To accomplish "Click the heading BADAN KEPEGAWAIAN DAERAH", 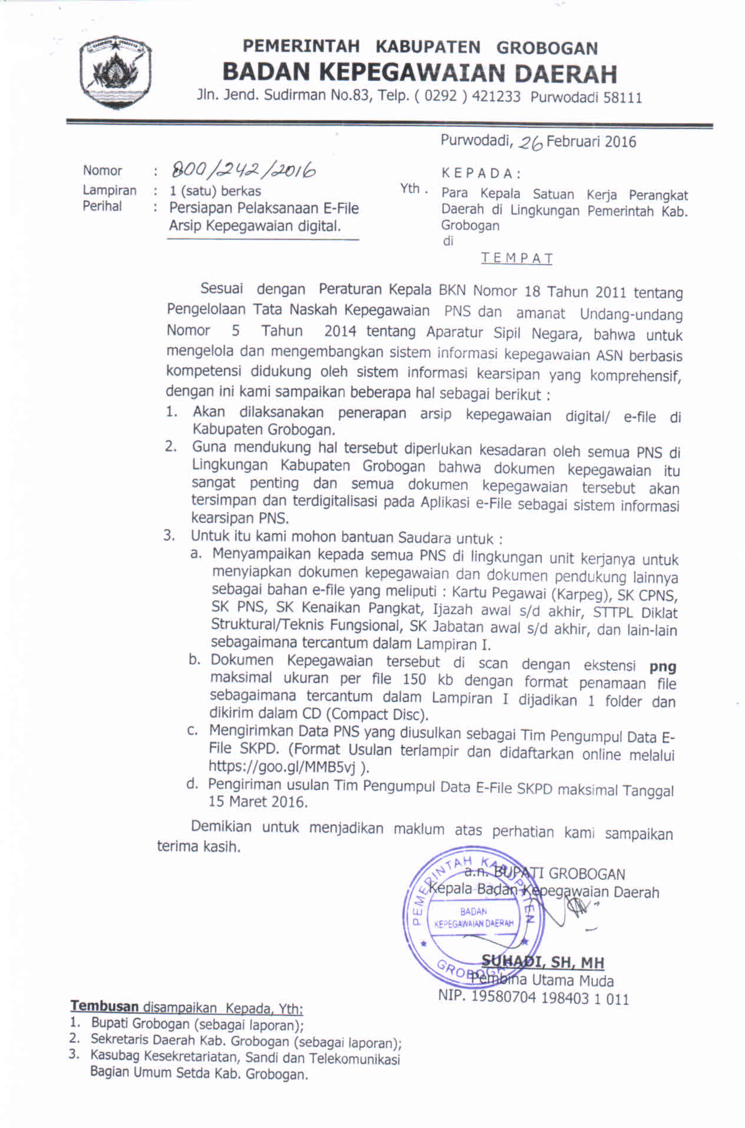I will click(x=419, y=73).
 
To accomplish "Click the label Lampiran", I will click(x=109, y=190).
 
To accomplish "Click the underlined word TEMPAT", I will click(x=516, y=258).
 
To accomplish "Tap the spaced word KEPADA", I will click(x=480, y=173).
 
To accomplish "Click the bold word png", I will click(x=662, y=667).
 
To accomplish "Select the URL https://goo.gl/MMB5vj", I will click(x=285, y=766).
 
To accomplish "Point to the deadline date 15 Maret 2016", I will click(x=257, y=802).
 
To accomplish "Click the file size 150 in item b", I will click(x=414, y=680).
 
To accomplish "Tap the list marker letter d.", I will click(x=192, y=784).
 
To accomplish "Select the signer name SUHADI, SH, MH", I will click(x=542, y=962).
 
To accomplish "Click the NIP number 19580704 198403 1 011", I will click(x=533, y=998).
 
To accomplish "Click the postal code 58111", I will click(x=622, y=97).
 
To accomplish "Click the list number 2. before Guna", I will click(x=170, y=446).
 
